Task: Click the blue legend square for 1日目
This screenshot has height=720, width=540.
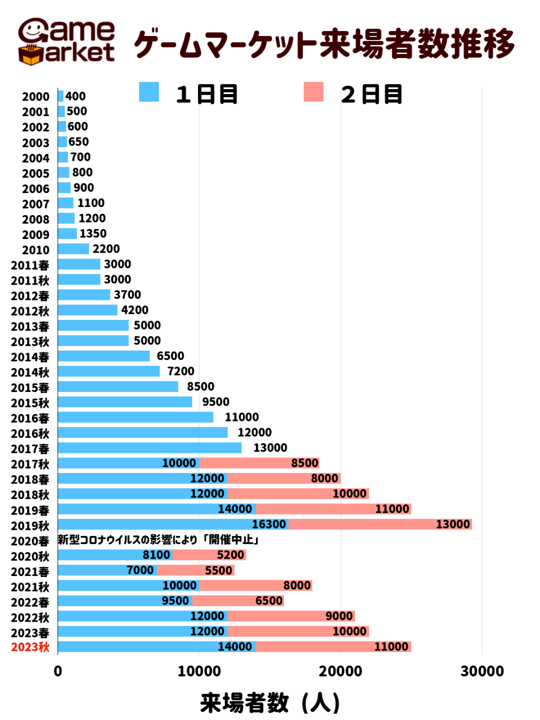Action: click(148, 92)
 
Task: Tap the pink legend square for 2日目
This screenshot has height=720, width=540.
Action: click(313, 92)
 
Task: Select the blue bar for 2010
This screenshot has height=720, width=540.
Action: click(73, 249)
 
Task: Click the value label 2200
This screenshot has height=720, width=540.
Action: click(106, 249)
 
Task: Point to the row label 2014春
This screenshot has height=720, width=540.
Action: click(30, 357)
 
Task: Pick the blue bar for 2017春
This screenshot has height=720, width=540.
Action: click(149, 448)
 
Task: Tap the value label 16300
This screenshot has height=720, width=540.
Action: click(269, 524)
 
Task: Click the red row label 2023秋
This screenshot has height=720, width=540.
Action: click(30, 647)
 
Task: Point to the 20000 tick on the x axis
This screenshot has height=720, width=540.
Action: click(340, 671)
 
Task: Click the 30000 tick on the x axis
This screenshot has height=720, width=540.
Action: click(482, 671)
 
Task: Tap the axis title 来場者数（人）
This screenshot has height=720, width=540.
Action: click(270, 702)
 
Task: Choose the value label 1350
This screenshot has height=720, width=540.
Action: click(93, 233)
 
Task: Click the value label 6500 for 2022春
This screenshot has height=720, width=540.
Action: click(269, 600)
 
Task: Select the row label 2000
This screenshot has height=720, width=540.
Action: click(35, 96)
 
